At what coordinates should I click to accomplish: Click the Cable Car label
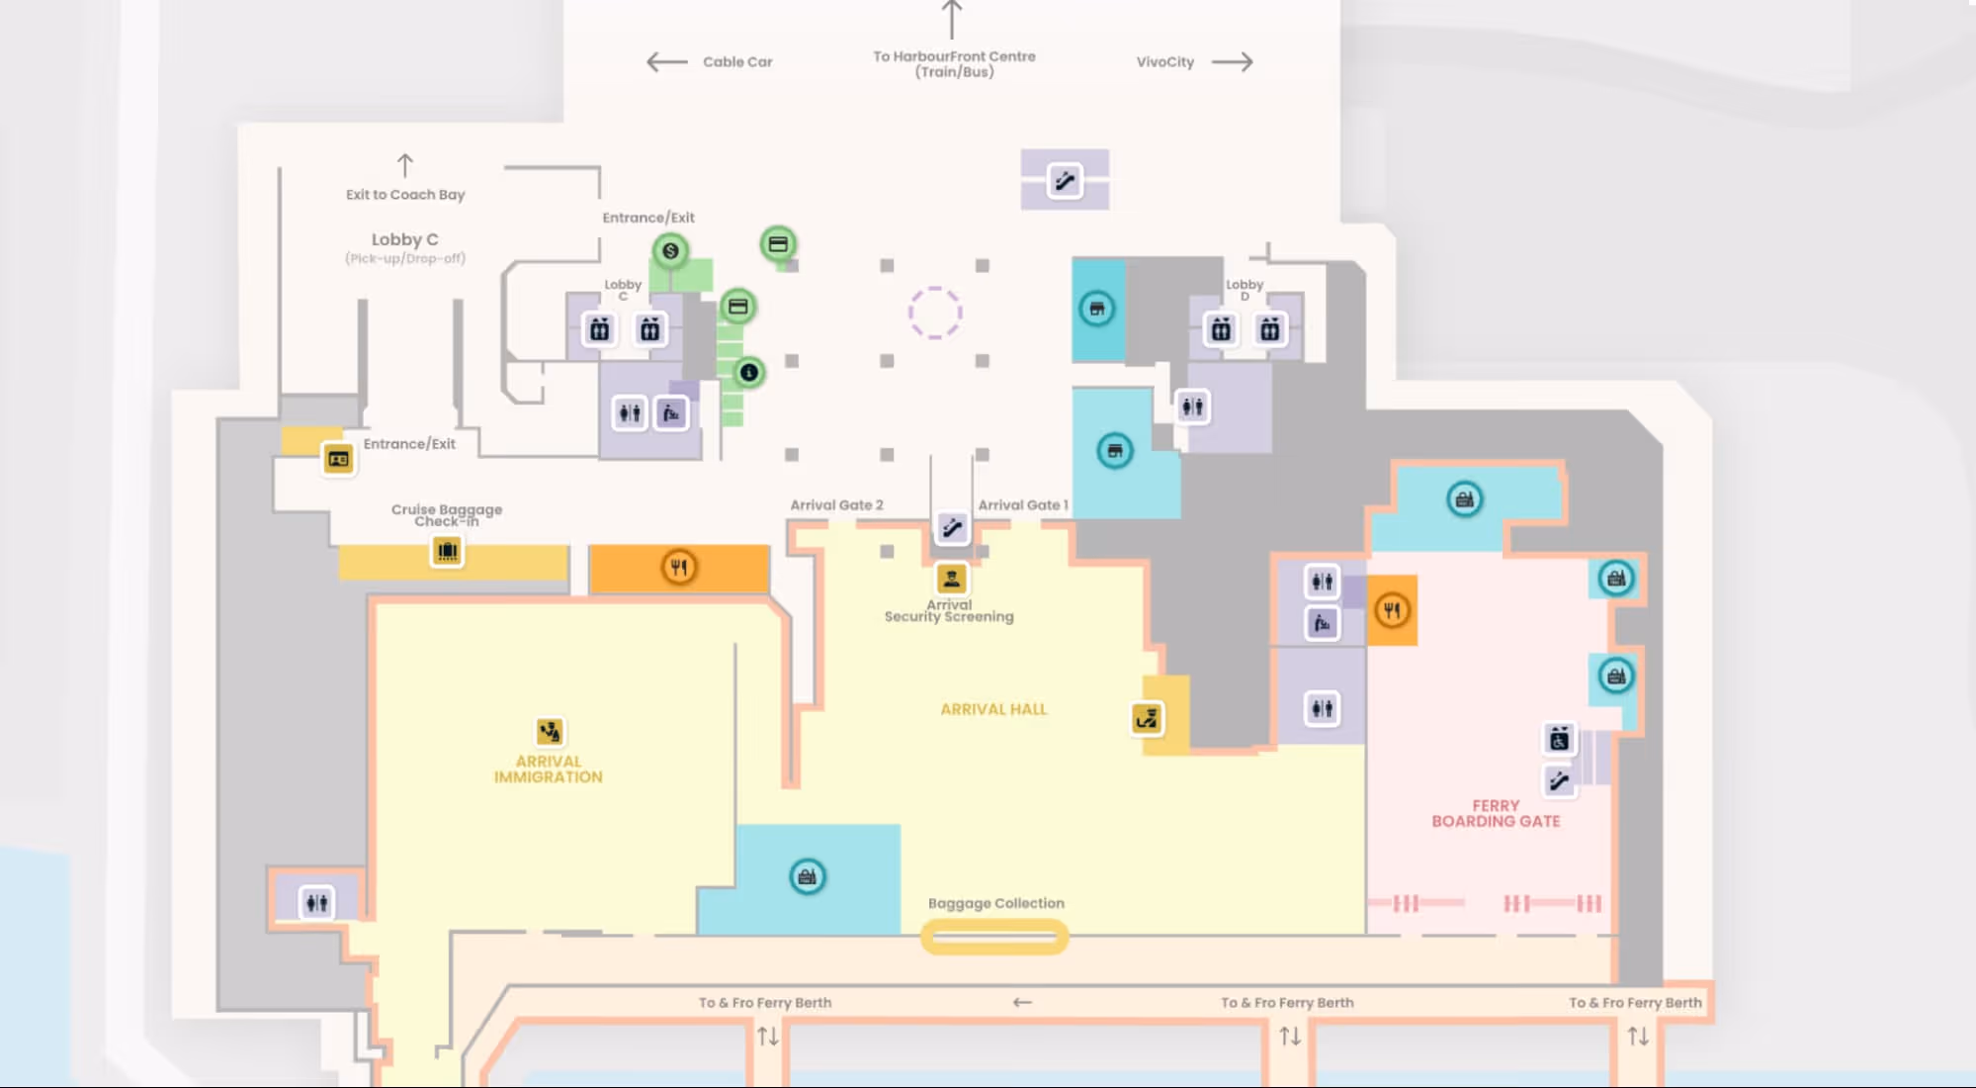tap(737, 62)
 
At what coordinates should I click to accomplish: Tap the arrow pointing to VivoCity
tap(1232, 62)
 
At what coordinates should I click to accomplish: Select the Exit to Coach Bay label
tap(405, 195)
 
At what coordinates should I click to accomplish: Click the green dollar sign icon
tap(670, 251)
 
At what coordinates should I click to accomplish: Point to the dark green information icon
tap(749, 373)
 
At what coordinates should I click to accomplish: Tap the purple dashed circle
tap(935, 314)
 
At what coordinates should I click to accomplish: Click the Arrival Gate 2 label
tap(836, 505)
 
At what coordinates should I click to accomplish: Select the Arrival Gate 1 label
tap(1023, 505)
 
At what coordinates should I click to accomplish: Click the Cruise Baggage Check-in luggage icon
tap(447, 551)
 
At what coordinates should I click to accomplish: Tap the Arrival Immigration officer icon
tap(550, 732)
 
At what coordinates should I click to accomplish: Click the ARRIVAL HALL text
tap(993, 710)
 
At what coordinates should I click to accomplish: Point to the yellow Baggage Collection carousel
tap(994, 937)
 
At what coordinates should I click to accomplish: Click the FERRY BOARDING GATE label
tap(1496, 814)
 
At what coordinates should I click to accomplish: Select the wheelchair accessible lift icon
tap(1559, 739)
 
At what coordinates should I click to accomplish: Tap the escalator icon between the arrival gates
tap(952, 528)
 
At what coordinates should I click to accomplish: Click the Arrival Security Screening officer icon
tap(951, 579)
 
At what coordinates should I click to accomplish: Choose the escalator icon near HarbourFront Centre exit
tap(1065, 181)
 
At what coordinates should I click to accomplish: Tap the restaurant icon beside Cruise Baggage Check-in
tap(679, 568)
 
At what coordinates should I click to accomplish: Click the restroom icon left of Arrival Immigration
tap(316, 902)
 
